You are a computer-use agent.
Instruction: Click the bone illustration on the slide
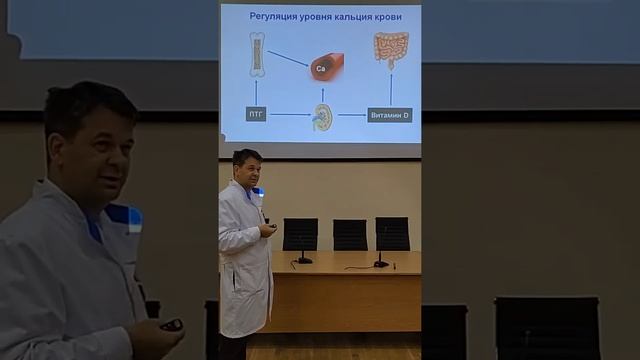[x=257, y=55]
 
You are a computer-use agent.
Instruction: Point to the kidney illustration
[x=323, y=116]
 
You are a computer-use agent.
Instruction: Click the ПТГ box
[x=256, y=115]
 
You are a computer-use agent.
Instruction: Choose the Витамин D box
[x=389, y=115]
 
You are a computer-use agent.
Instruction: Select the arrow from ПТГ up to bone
[x=256, y=93]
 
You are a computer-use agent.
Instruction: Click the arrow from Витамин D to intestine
[x=390, y=89]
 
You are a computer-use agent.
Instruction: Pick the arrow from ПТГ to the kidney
[x=289, y=115]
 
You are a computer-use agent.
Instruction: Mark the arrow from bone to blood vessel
[x=288, y=59]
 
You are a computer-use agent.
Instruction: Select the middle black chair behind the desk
[x=350, y=234]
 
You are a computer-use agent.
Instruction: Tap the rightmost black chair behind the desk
[x=392, y=233]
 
